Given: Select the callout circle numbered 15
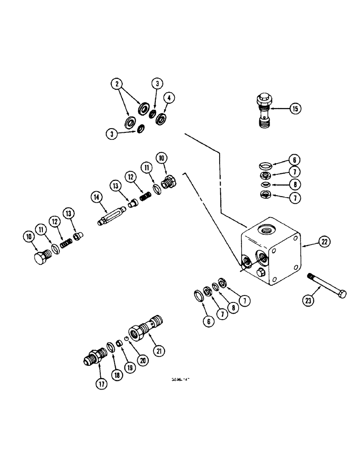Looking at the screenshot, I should pyautogui.click(x=295, y=109).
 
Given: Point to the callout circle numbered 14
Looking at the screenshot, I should pyautogui.click(x=97, y=198).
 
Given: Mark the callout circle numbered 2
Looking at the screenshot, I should pyautogui.click(x=117, y=84).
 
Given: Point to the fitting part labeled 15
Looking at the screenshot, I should pyautogui.click(x=263, y=111).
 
